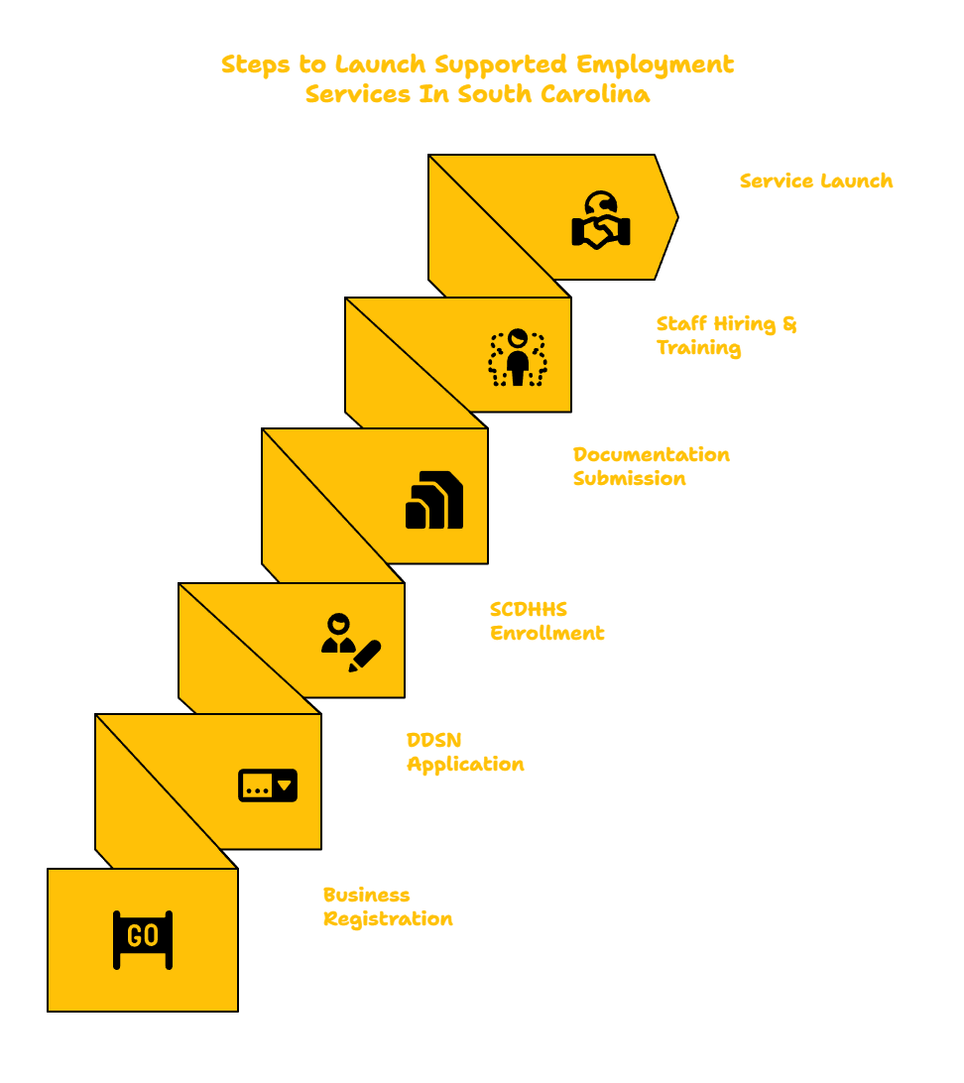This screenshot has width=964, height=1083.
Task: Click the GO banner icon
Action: click(143, 939)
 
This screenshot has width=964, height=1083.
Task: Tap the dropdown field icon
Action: click(268, 785)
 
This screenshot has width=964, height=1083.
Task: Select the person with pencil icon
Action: click(351, 643)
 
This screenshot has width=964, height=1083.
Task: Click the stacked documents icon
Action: click(434, 500)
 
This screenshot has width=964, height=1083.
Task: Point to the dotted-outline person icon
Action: click(518, 357)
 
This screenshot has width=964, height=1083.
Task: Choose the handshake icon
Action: click(601, 220)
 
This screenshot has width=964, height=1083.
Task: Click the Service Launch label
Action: click(816, 180)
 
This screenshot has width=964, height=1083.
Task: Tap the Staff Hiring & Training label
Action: click(726, 335)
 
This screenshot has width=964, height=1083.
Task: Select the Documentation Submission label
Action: click(652, 466)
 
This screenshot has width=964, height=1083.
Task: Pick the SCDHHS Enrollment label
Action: click(546, 621)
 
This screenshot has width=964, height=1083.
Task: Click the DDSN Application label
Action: click(465, 752)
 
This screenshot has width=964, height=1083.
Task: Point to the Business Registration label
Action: click(388, 906)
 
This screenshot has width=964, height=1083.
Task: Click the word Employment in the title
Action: click(655, 64)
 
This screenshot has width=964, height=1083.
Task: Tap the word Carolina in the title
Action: click(595, 94)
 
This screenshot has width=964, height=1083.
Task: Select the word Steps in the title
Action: click(256, 64)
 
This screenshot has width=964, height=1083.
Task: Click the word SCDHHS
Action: click(529, 609)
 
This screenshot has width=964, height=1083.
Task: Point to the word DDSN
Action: click(433, 740)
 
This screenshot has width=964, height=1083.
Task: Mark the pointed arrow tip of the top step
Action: click(678, 217)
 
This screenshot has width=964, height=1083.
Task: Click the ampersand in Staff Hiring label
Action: click(790, 324)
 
